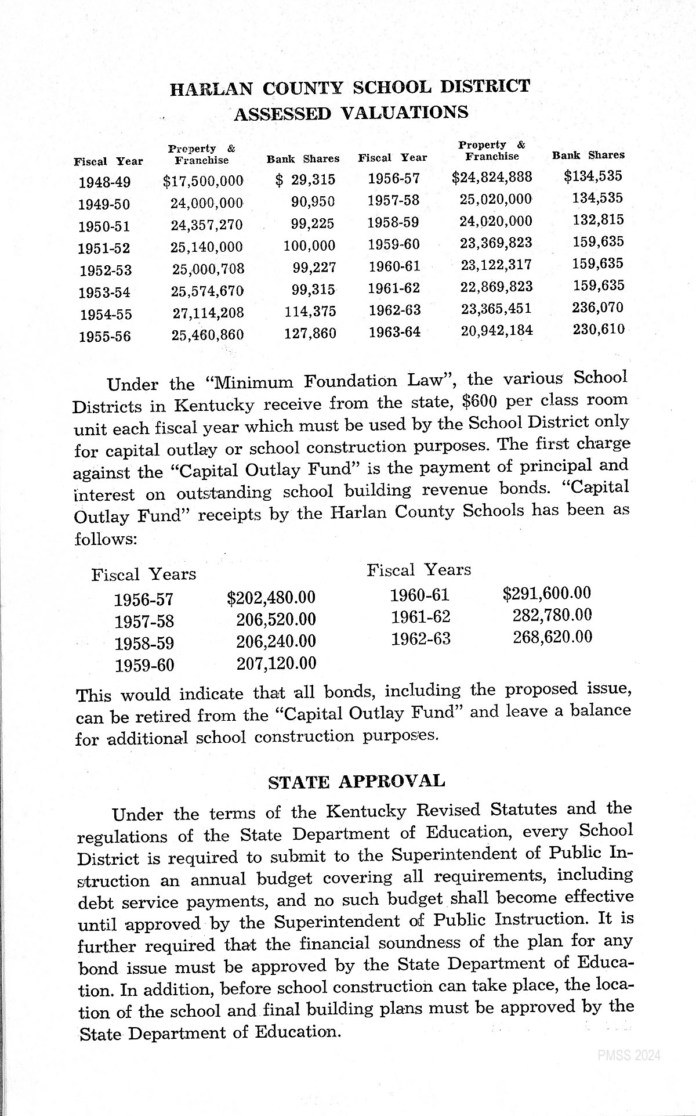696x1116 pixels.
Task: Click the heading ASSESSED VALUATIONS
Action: [x=351, y=112]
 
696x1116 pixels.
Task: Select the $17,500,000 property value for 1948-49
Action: [x=204, y=181]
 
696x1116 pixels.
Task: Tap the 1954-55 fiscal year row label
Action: [x=106, y=315]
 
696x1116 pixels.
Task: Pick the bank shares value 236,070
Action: [x=597, y=307]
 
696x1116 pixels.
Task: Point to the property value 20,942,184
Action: [x=497, y=331]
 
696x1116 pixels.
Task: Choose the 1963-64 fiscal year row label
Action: [x=395, y=332]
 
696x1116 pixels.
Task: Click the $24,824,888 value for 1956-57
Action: [x=492, y=176]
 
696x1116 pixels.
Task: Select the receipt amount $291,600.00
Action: [x=547, y=593]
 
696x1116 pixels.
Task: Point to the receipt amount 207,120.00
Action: [x=276, y=663]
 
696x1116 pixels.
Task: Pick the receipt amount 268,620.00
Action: [x=553, y=637]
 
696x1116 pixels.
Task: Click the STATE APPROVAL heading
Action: [x=356, y=781]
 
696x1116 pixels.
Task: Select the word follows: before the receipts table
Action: [x=106, y=539]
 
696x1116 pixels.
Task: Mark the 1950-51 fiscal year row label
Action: [x=105, y=226]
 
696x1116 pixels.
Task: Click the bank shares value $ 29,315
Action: [x=306, y=180]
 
